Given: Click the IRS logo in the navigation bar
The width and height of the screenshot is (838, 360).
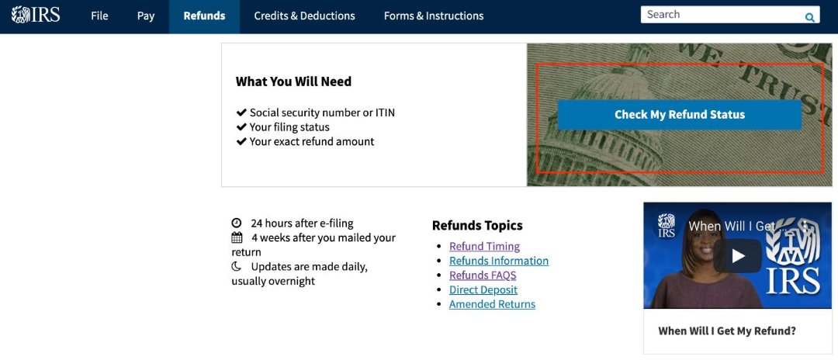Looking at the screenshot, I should [x=36, y=16].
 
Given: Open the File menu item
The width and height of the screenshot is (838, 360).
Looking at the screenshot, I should [x=99, y=16].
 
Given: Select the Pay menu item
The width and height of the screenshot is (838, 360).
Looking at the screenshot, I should [x=146, y=16].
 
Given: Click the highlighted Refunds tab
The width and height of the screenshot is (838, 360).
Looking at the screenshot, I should [x=204, y=16].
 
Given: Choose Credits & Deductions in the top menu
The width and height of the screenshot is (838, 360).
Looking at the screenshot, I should [x=304, y=16].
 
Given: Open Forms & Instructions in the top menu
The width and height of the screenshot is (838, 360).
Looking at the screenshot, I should [x=433, y=16].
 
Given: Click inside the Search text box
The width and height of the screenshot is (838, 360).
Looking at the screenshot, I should [x=722, y=15].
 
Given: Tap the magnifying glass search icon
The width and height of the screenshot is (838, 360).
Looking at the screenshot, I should [x=809, y=17].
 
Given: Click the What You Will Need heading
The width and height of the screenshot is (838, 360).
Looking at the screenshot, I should [x=293, y=81].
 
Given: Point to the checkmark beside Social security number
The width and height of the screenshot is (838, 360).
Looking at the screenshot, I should [x=241, y=112].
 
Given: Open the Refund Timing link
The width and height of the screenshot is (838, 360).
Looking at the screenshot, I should [x=484, y=246].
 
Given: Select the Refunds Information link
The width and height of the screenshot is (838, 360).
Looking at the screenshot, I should [x=498, y=261].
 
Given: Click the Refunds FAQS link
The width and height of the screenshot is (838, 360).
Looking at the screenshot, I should [x=482, y=275].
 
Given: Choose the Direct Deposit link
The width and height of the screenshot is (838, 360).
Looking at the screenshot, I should [x=483, y=290].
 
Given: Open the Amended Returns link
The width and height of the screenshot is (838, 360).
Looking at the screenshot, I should [x=492, y=304].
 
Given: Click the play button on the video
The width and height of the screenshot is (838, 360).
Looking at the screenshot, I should [x=737, y=255].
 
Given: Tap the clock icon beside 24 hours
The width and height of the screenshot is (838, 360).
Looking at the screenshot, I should [x=237, y=223].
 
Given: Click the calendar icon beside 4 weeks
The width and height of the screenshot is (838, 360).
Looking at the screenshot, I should [x=237, y=238].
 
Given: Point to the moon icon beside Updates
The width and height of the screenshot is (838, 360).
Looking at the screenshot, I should [x=237, y=266].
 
